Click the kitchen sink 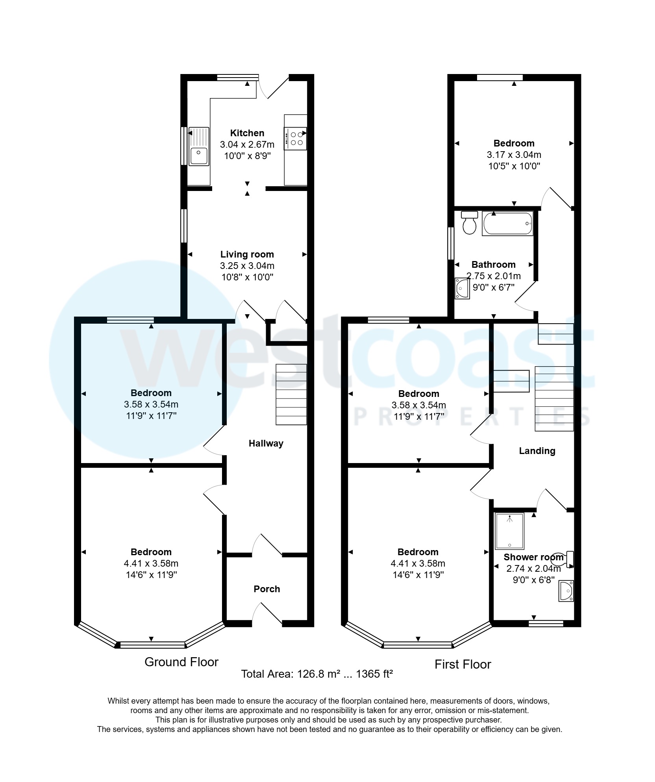point(199,146)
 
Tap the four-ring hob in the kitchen point(296,139)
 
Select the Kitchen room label point(247,133)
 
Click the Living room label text point(247,254)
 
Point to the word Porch point(266,589)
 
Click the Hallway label point(266,443)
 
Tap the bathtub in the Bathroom point(507,223)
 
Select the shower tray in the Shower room point(510,531)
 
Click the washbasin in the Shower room point(566,591)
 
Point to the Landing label point(537,451)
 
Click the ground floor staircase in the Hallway point(291,394)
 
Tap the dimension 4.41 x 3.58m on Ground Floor point(151,563)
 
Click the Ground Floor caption point(181,662)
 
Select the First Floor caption point(463,664)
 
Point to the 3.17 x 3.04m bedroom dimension point(514,155)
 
